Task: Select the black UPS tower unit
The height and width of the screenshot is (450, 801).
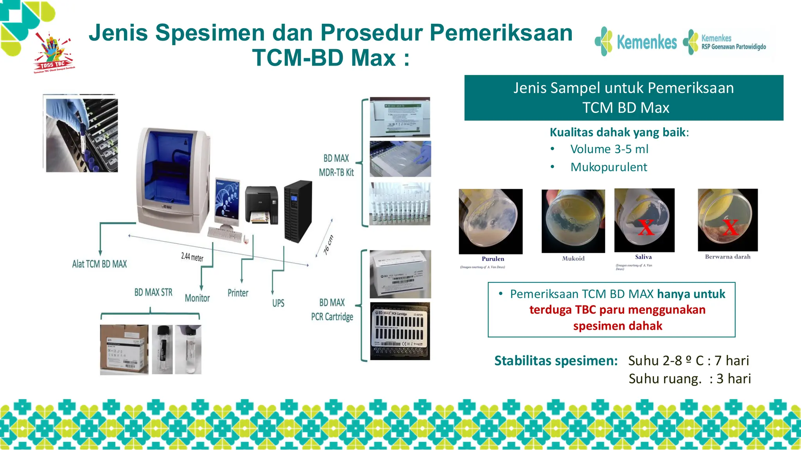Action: (298, 211)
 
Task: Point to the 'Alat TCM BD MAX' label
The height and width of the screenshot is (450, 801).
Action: (99, 264)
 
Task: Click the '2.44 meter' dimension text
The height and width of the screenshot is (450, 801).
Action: (192, 257)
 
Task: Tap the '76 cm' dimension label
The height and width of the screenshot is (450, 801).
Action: (329, 245)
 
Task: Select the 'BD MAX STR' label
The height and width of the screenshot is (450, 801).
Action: (153, 293)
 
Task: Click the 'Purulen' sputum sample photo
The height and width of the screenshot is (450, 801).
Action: (490, 221)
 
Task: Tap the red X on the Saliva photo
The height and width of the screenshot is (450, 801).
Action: (646, 227)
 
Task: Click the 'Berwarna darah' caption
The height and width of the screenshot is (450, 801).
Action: (727, 257)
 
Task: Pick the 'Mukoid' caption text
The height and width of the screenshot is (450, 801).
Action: (573, 259)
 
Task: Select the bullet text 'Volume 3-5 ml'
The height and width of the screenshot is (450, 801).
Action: (609, 149)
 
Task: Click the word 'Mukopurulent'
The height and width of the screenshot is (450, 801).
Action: (609, 167)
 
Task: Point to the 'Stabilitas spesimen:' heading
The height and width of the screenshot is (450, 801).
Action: (556, 361)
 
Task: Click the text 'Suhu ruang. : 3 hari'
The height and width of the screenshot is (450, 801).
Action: (690, 379)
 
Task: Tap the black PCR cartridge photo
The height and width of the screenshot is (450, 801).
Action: (400, 331)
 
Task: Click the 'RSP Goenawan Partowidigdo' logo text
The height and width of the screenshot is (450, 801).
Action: (733, 47)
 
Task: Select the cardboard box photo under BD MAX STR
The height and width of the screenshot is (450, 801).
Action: (124, 350)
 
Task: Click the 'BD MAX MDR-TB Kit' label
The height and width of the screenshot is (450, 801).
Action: (336, 165)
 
